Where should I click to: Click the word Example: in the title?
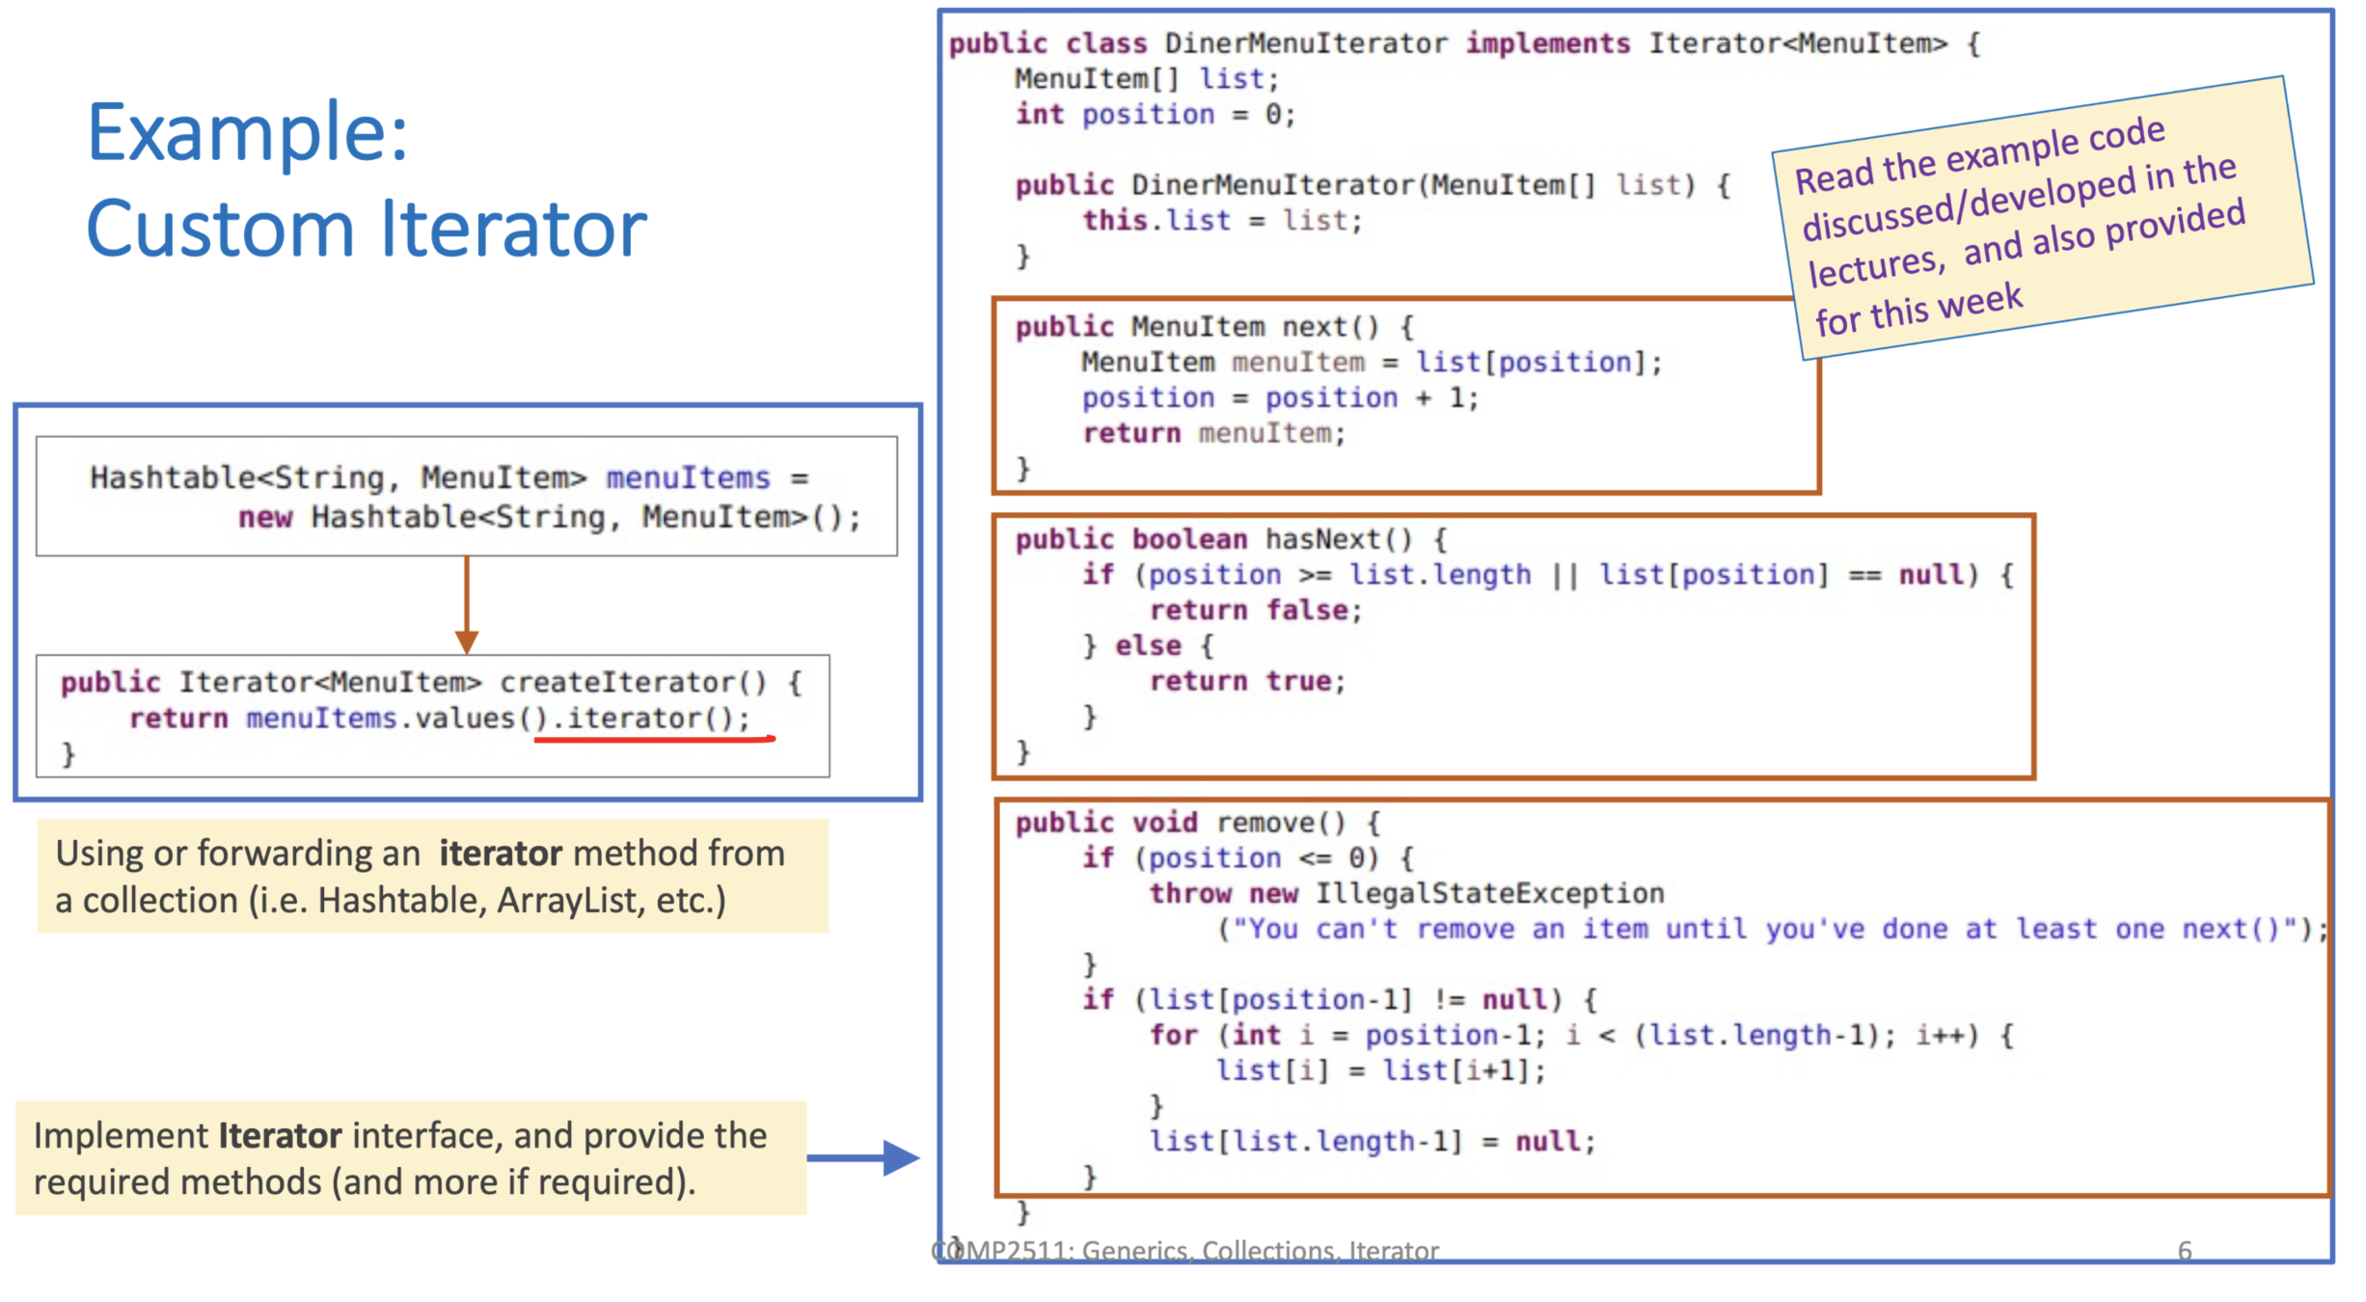[248, 134]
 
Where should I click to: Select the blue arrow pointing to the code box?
[864, 1157]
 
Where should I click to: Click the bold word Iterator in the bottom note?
[280, 1136]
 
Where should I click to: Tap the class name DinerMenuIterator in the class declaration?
[1306, 44]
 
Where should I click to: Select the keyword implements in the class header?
[1547, 44]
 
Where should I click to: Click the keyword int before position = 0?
[1039, 115]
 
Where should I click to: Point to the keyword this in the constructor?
[1114, 221]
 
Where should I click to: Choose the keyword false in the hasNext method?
[1307, 610]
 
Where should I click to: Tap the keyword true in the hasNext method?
[1298, 682]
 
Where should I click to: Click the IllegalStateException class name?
[1489, 894]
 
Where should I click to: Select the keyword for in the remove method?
[1172, 1036]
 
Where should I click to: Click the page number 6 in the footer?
[2185, 1251]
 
